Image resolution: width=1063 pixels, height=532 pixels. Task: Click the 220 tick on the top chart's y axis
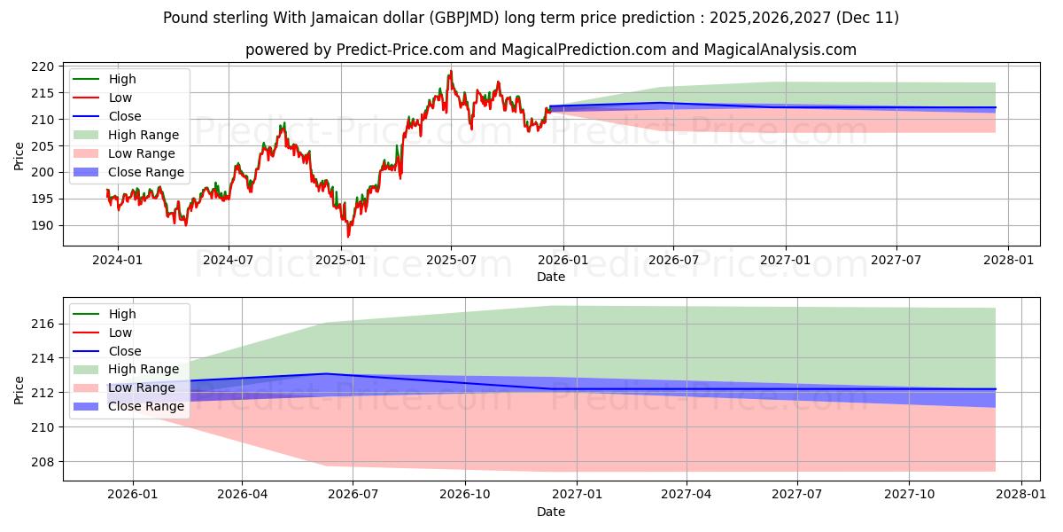45,66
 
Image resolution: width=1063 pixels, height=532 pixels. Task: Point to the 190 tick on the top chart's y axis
45,225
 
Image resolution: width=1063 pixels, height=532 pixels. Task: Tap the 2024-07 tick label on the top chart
229,260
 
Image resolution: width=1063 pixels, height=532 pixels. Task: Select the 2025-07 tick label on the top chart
451,260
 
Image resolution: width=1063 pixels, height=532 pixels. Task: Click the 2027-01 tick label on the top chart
785,260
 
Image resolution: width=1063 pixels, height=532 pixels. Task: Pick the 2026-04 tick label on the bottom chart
243,495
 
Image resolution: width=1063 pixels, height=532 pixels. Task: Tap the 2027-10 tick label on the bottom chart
910,495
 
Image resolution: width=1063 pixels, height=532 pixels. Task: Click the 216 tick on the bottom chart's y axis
45,325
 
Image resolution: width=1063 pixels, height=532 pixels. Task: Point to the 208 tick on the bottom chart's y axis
45,462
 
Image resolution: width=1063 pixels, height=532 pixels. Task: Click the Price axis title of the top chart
19,156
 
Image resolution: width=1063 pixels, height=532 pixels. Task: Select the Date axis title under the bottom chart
550,512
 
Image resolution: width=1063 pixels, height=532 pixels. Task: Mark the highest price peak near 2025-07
450,71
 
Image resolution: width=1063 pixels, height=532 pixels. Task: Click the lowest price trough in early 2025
348,237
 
